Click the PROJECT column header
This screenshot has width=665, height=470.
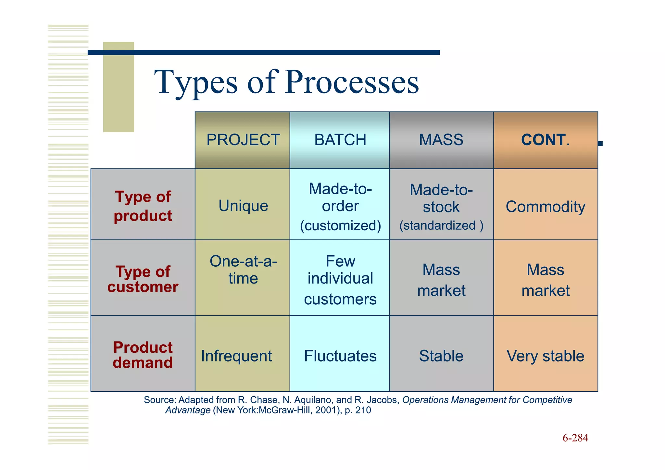tap(243, 140)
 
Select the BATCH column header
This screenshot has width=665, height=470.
tap(340, 140)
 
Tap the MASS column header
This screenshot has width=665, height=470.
tap(441, 140)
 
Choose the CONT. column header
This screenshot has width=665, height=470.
tap(545, 140)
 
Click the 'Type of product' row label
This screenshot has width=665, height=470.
tap(143, 206)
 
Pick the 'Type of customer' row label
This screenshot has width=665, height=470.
tap(143, 279)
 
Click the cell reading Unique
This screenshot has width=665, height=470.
tap(243, 206)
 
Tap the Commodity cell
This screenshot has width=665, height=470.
tap(545, 207)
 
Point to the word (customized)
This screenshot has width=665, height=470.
tap(340, 225)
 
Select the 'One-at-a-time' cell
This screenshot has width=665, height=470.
tap(243, 270)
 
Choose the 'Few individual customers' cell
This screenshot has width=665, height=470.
tap(340, 279)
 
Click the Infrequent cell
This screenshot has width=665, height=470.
tap(236, 356)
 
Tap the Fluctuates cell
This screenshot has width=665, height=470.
tap(340, 356)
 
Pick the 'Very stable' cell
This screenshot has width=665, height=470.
tap(545, 356)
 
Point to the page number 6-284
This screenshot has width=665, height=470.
tap(575, 438)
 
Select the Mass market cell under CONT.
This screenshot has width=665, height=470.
tap(546, 280)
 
